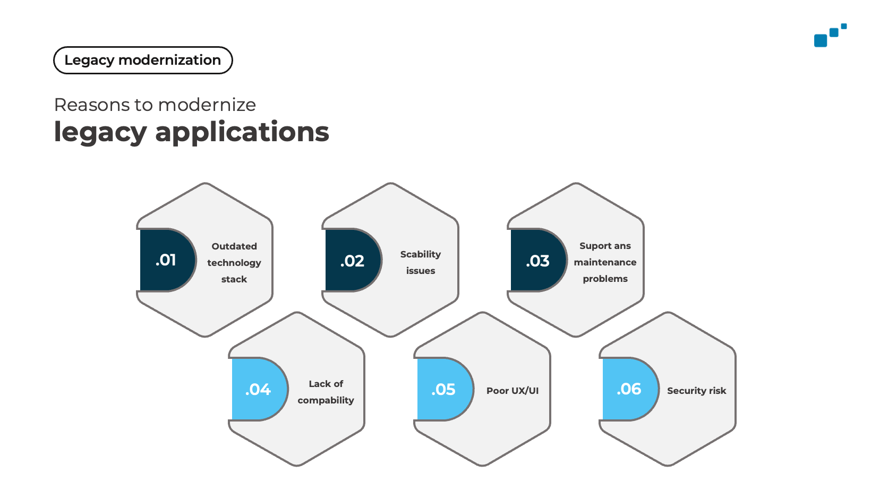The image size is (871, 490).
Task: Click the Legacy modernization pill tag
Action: click(x=143, y=60)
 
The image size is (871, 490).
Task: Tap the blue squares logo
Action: click(x=830, y=35)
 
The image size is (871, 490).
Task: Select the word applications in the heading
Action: click(x=242, y=133)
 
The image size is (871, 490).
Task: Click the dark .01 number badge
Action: click(x=167, y=260)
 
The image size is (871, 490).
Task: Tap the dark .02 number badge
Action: click(x=352, y=260)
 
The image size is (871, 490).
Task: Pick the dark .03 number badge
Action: click(x=538, y=260)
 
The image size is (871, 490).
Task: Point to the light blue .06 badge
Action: click(x=630, y=389)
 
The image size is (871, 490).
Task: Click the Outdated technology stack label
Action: click(x=234, y=263)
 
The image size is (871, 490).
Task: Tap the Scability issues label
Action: click(x=420, y=263)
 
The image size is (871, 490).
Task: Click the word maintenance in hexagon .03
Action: click(x=605, y=262)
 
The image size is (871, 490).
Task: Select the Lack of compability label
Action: click(x=326, y=392)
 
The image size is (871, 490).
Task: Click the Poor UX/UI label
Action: click(x=513, y=391)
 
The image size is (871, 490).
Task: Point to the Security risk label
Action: click(x=696, y=391)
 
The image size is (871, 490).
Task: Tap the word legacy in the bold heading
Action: click(x=100, y=133)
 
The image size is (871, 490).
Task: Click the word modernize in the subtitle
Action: click(x=207, y=105)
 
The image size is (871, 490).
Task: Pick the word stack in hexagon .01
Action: click(x=234, y=279)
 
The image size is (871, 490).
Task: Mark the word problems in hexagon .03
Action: click(x=605, y=279)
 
